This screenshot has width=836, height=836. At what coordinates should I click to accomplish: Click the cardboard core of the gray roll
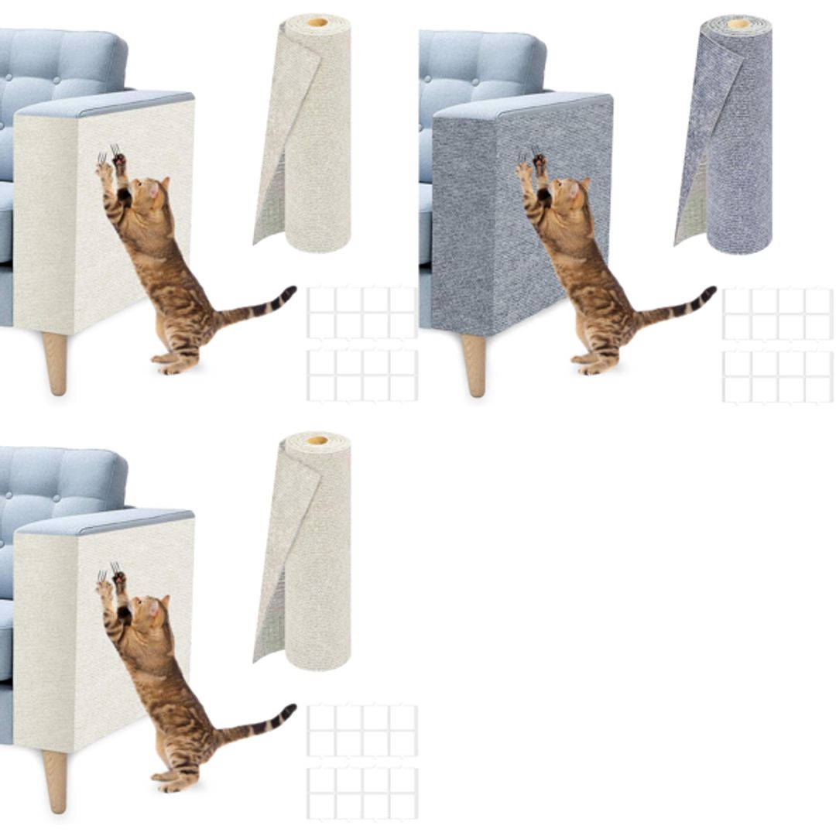tap(738, 23)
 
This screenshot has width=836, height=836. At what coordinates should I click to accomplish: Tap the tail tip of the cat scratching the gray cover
tap(710, 293)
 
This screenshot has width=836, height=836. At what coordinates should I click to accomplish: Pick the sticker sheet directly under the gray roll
tap(777, 313)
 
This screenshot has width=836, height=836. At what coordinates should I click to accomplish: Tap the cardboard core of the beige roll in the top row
tap(317, 22)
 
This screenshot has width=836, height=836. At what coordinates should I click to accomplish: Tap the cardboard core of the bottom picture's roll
tap(317, 440)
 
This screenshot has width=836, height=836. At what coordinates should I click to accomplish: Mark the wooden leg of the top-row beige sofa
tap(55, 362)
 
